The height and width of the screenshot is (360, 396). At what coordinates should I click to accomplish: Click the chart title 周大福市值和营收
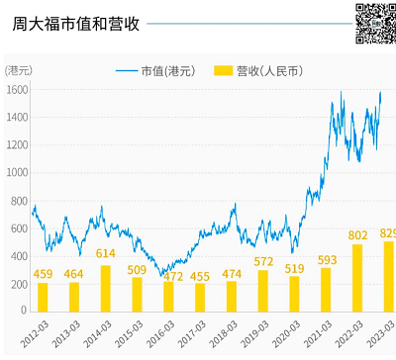pyautogui.click(x=75, y=23)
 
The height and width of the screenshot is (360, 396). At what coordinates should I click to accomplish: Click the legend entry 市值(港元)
pyautogui.click(x=153, y=70)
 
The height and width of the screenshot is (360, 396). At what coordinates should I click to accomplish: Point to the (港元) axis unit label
pyautogui.click(x=18, y=69)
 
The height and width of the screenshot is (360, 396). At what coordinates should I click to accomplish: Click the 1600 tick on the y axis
pyautogui.click(x=17, y=89)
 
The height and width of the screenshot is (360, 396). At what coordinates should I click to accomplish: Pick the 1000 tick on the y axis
pyautogui.click(x=17, y=172)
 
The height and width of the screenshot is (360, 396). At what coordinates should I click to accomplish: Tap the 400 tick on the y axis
pyautogui.click(x=19, y=256)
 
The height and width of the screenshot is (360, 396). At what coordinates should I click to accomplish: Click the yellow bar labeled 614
pyautogui.click(x=106, y=288)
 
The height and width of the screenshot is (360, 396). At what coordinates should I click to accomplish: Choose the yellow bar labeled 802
pyautogui.click(x=357, y=277)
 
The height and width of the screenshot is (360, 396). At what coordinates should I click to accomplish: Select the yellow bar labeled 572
pyautogui.click(x=263, y=291)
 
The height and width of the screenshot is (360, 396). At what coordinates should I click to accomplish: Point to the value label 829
pyautogui.click(x=387, y=233)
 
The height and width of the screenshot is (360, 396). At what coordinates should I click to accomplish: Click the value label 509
pyautogui.click(x=137, y=269)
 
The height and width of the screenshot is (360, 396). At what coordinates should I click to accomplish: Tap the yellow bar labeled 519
pyautogui.click(x=294, y=293)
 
